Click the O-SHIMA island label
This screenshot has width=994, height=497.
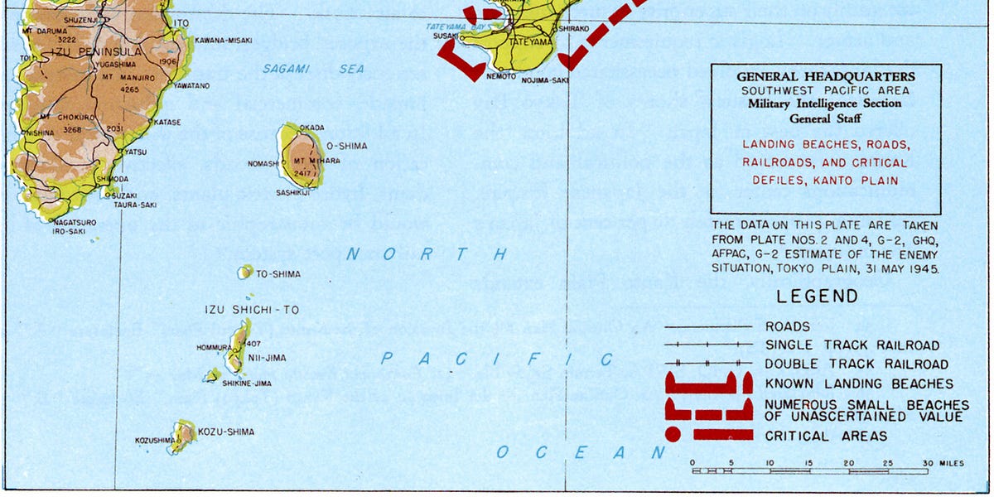pyautogui.click(x=346, y=146)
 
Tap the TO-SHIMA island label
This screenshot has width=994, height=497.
pyautogui.click(x=278, y=273)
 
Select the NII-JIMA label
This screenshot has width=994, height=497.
pyautogui.click(x=267, y=359)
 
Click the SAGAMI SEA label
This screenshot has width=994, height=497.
pyautogui.click(x=313, y=70)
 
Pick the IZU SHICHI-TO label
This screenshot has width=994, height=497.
pyautogui.click(x=252, y=310)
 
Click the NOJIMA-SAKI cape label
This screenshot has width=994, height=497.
pyautogui.click(x=545, y=80)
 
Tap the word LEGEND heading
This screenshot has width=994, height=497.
pyautogui.click(x=817, y=297)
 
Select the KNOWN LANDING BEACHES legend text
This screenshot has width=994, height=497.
pyautogui.click(x=859, y=384)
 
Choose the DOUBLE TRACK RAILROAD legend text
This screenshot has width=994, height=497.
pyautogui.click(x=856, y=364)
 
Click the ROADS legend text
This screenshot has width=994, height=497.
pyautogui.click(x=788, y=327)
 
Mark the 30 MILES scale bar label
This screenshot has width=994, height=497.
pyautogui.click(x=944, y=464)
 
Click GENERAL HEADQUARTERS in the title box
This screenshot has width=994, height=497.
pyautogui.click(x=826, y=77)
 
